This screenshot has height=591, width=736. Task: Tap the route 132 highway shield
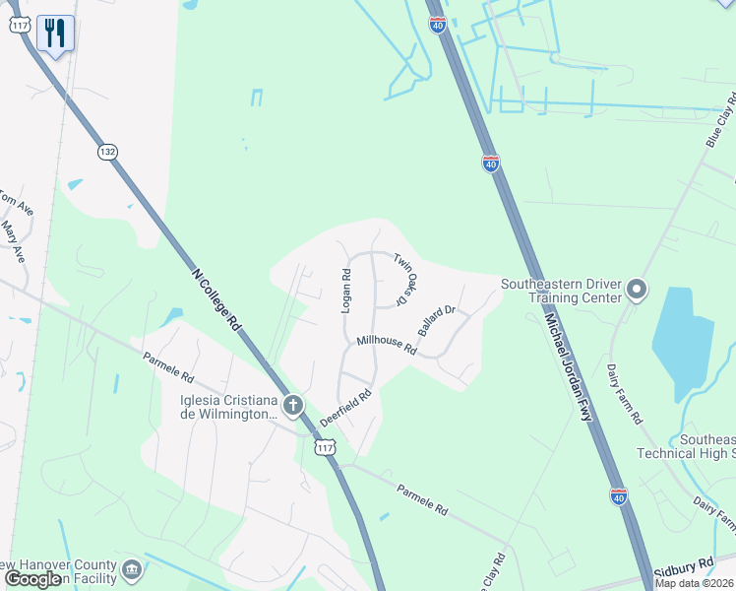pyautogui.click(x=107, y=152)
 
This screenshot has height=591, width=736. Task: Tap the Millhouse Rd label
pyautogui.click(x=388, y=347)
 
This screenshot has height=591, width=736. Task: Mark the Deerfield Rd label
pyautogui.click(x=344, y=407)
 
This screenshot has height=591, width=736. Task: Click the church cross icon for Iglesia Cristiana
pyautogui.click(x=292, y=404)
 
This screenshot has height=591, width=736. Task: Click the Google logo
pyautogui.click(x=32, y=579)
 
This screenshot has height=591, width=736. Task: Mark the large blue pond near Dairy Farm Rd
pyautogui.click(x=683, y=339)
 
